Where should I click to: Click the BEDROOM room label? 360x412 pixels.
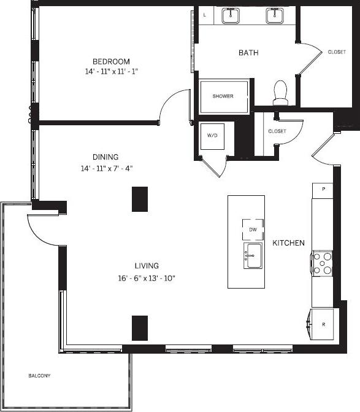[111, 61]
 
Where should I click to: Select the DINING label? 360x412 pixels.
[105, 157]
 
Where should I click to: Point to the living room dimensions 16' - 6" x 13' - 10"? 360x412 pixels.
[147, 278]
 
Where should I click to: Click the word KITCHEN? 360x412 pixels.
[288, 243]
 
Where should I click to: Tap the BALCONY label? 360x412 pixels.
[39, 375]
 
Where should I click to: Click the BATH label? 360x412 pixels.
[248, 53]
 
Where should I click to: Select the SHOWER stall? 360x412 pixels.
[224, 96]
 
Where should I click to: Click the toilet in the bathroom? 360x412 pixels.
[280, 92]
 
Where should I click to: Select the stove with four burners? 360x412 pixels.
[323, 263]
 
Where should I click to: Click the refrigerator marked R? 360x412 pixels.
[323, 324]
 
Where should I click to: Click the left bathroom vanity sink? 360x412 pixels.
[231, 15]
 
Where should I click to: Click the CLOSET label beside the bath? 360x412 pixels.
[336, 52]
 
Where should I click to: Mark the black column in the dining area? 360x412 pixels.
[140, 199]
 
